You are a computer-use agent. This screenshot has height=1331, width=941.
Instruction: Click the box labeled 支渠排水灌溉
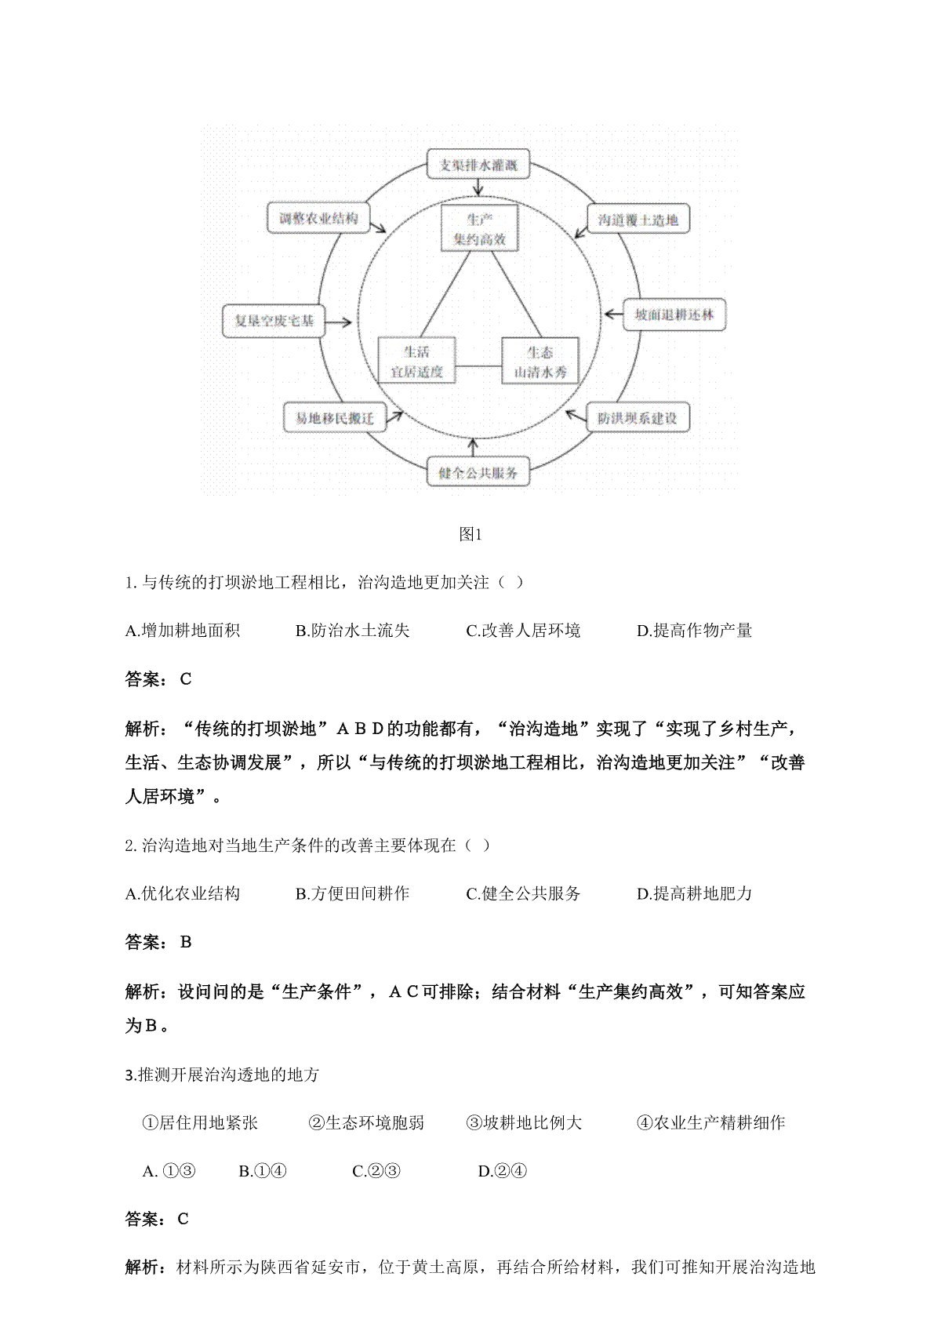[x=478, y=165]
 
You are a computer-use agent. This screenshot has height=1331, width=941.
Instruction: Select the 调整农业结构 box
[x=313, y=218]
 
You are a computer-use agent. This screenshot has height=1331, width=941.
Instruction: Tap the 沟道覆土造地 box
[x=638, y=220]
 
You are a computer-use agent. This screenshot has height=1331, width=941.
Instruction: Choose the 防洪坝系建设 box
[x=638, y=417]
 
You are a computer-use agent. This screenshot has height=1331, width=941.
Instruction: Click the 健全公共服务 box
[x=478, y=472]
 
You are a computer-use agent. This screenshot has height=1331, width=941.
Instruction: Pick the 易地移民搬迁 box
[x=334, y=418]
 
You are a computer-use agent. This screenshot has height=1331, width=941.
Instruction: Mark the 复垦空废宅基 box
[x=274, y=321]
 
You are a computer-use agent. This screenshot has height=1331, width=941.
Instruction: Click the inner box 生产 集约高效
[x=480, y=229]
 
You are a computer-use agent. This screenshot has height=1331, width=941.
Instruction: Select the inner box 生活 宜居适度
[x=417, y=362]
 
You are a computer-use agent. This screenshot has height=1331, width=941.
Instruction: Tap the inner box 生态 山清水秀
[x=540, y=362]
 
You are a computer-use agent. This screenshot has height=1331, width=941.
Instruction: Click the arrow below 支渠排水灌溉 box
[x=478, y=188]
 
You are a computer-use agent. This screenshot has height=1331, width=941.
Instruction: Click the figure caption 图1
[x=470, y=535]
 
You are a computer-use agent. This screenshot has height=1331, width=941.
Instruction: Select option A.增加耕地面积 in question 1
[x=183, y=631]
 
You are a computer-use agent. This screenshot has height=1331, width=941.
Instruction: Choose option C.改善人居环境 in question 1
[x=523, y=631]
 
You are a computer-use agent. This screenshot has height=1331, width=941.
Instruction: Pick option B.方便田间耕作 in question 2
[x=352, y=893]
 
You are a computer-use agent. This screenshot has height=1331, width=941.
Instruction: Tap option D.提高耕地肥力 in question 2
[x=694, y=893]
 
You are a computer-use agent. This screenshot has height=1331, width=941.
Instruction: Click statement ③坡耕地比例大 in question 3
[x=524, y=1122]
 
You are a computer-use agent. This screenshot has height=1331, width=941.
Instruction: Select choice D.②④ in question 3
[x=503, y=1171]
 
